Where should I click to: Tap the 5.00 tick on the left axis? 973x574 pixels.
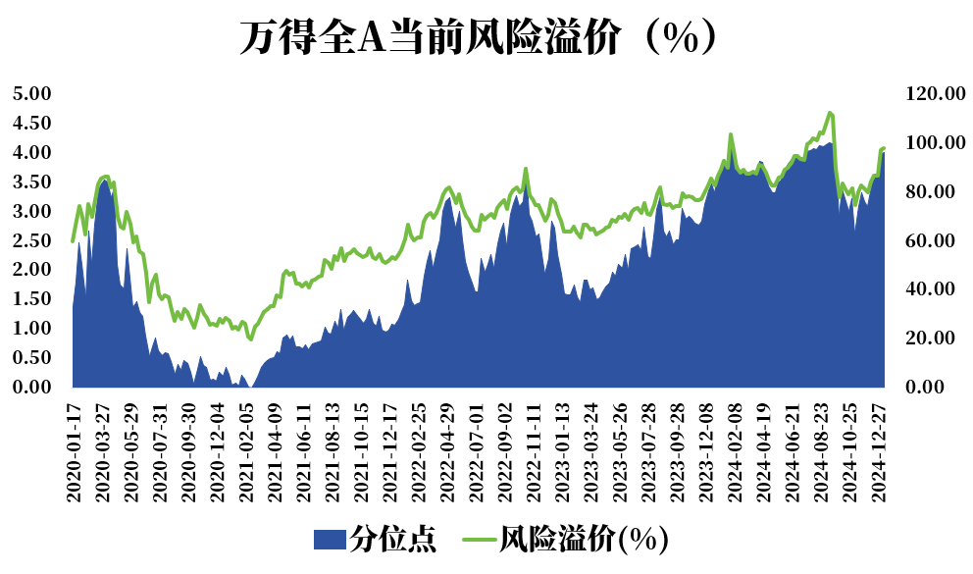[30, 94]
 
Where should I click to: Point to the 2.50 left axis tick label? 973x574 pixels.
[30, 240]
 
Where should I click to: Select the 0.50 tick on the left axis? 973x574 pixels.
[30, 358]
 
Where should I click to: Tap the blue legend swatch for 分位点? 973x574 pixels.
[330, 539]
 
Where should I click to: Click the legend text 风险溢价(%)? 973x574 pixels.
[584, 539]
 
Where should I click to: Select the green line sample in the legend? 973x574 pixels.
[479, 539]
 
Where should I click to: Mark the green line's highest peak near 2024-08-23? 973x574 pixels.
[830, 113]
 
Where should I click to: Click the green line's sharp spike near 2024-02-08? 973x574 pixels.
[731, 134]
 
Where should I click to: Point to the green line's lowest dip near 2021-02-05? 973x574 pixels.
[251, 339]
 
